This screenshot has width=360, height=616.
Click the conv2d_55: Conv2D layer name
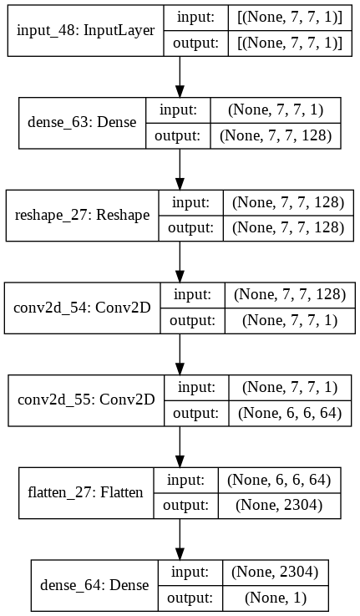tap(86, 400)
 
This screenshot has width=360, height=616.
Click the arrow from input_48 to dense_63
tap(180, 77)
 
